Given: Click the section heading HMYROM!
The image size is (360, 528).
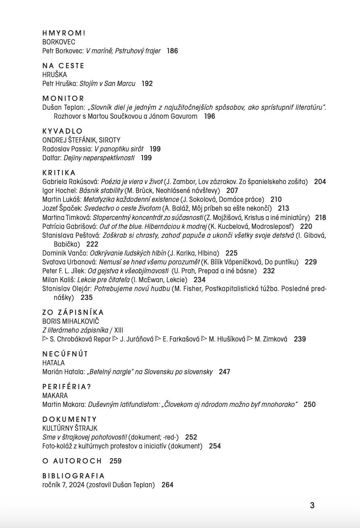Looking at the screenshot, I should coord(64,33).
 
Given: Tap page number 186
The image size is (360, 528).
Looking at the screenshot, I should coord(172,51).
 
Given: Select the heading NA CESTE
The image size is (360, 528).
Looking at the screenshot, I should coord(63,66).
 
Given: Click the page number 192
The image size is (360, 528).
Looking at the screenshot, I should coord(147,84).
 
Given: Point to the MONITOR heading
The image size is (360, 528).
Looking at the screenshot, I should coord(63,98).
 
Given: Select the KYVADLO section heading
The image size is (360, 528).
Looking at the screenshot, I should coord(63,131).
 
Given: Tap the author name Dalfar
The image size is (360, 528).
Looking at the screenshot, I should coord(51,158).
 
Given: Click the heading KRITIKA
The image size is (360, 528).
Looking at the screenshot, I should coord(59,173).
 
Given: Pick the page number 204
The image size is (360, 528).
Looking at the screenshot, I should coord(320,182).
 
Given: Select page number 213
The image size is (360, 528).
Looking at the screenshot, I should coord(284,208).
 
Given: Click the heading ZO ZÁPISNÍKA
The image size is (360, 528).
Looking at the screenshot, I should coord(73,312).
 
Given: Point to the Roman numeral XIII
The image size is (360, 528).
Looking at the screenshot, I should coord(119,330).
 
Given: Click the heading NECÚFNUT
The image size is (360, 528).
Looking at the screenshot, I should coord(65,354).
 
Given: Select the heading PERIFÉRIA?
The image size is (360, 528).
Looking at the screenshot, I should coord(67,387).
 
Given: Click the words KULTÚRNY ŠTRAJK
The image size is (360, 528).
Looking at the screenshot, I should coord(70,428).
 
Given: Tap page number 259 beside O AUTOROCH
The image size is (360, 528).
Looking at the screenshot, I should coord(115,461).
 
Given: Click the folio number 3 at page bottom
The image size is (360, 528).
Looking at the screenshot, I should coord(312,505).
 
